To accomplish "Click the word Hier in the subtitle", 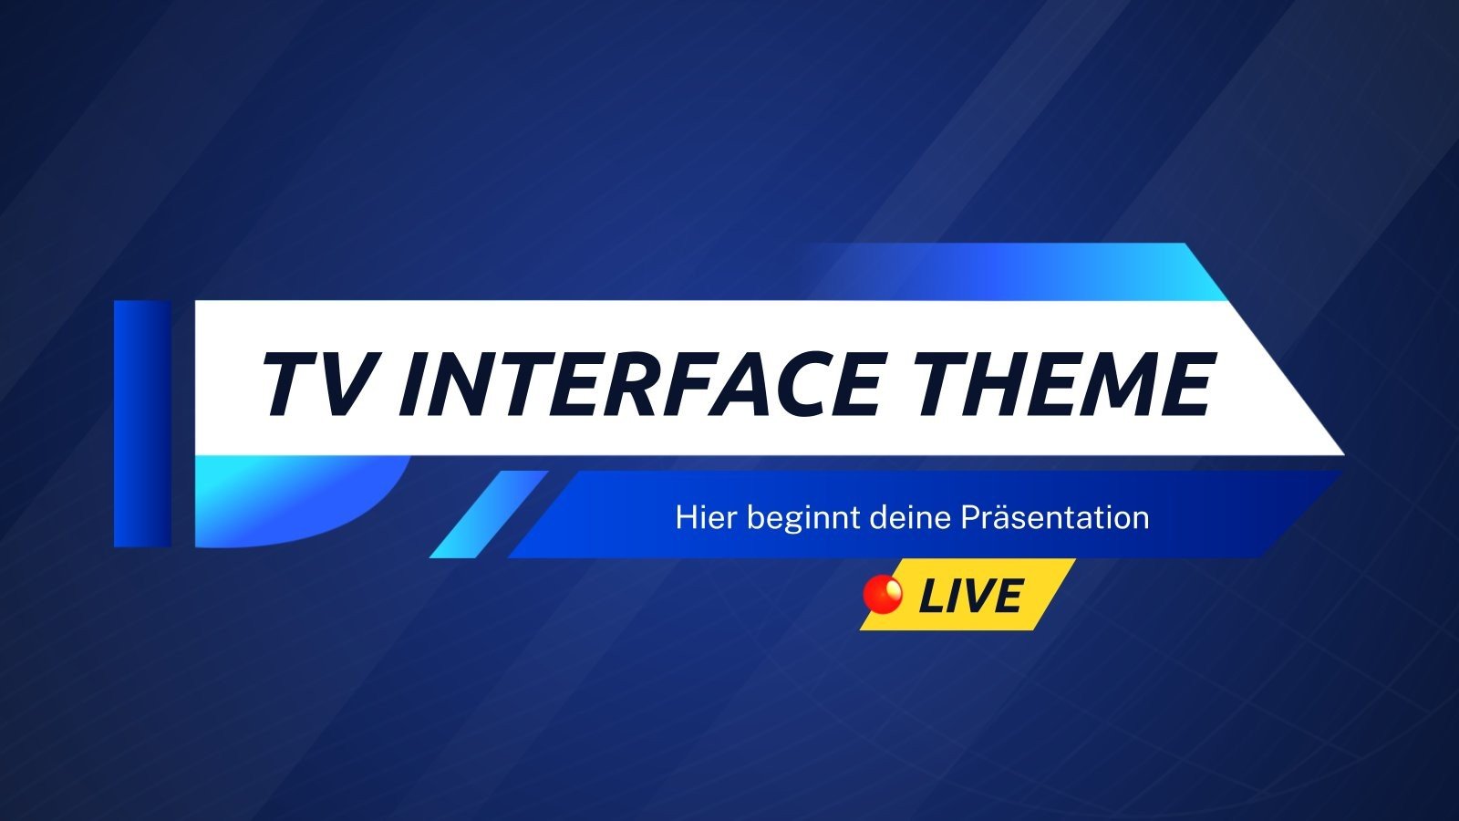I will pyautogui.click(x=705, y=517).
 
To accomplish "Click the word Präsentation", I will pyautogui.click(x=1055, y=517).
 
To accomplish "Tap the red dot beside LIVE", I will pyautogui.click(x=883, y=594).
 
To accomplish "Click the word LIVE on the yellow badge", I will pyautogui.click(x=970, y=597).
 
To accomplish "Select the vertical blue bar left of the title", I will pyautogui.click(x=142, y=423).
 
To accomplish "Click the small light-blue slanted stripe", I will pyautogui.click(x=489, y=514).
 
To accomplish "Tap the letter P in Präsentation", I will pyautogui.click(x=971, y=517).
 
